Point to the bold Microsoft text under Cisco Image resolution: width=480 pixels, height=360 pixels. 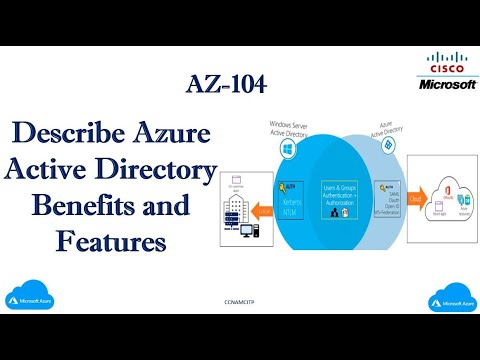click(445, 84)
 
